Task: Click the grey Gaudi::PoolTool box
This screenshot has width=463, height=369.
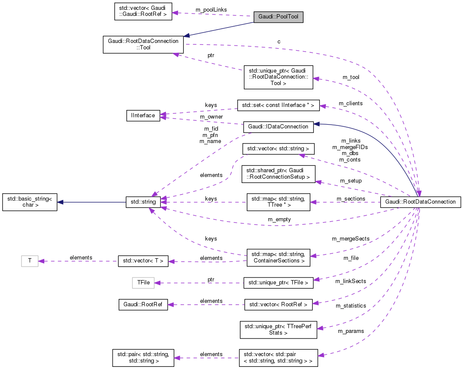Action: [278, 17]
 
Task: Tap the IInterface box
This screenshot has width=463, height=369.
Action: [143, 116]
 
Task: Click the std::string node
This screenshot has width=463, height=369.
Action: [143, 201]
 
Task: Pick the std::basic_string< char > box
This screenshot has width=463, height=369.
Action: [30, 202]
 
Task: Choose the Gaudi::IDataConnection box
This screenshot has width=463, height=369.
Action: [278, 127]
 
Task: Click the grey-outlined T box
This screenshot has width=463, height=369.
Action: [30, 261]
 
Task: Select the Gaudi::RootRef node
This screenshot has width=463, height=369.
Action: [143, 305]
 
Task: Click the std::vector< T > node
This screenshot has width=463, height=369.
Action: [143, 261]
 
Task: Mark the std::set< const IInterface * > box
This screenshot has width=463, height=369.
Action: [279, 105]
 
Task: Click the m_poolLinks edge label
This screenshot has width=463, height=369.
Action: [211, 9]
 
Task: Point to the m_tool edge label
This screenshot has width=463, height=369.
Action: [351, 77]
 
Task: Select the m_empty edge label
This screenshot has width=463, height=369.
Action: [279, 220]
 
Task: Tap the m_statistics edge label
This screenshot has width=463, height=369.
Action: [351, 305]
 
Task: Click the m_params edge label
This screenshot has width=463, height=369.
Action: [351, 331]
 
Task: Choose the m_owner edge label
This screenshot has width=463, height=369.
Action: [211, 117]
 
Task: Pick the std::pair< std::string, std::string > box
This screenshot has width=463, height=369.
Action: [143, 358]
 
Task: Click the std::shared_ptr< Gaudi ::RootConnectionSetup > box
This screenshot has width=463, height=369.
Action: [279, 174]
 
